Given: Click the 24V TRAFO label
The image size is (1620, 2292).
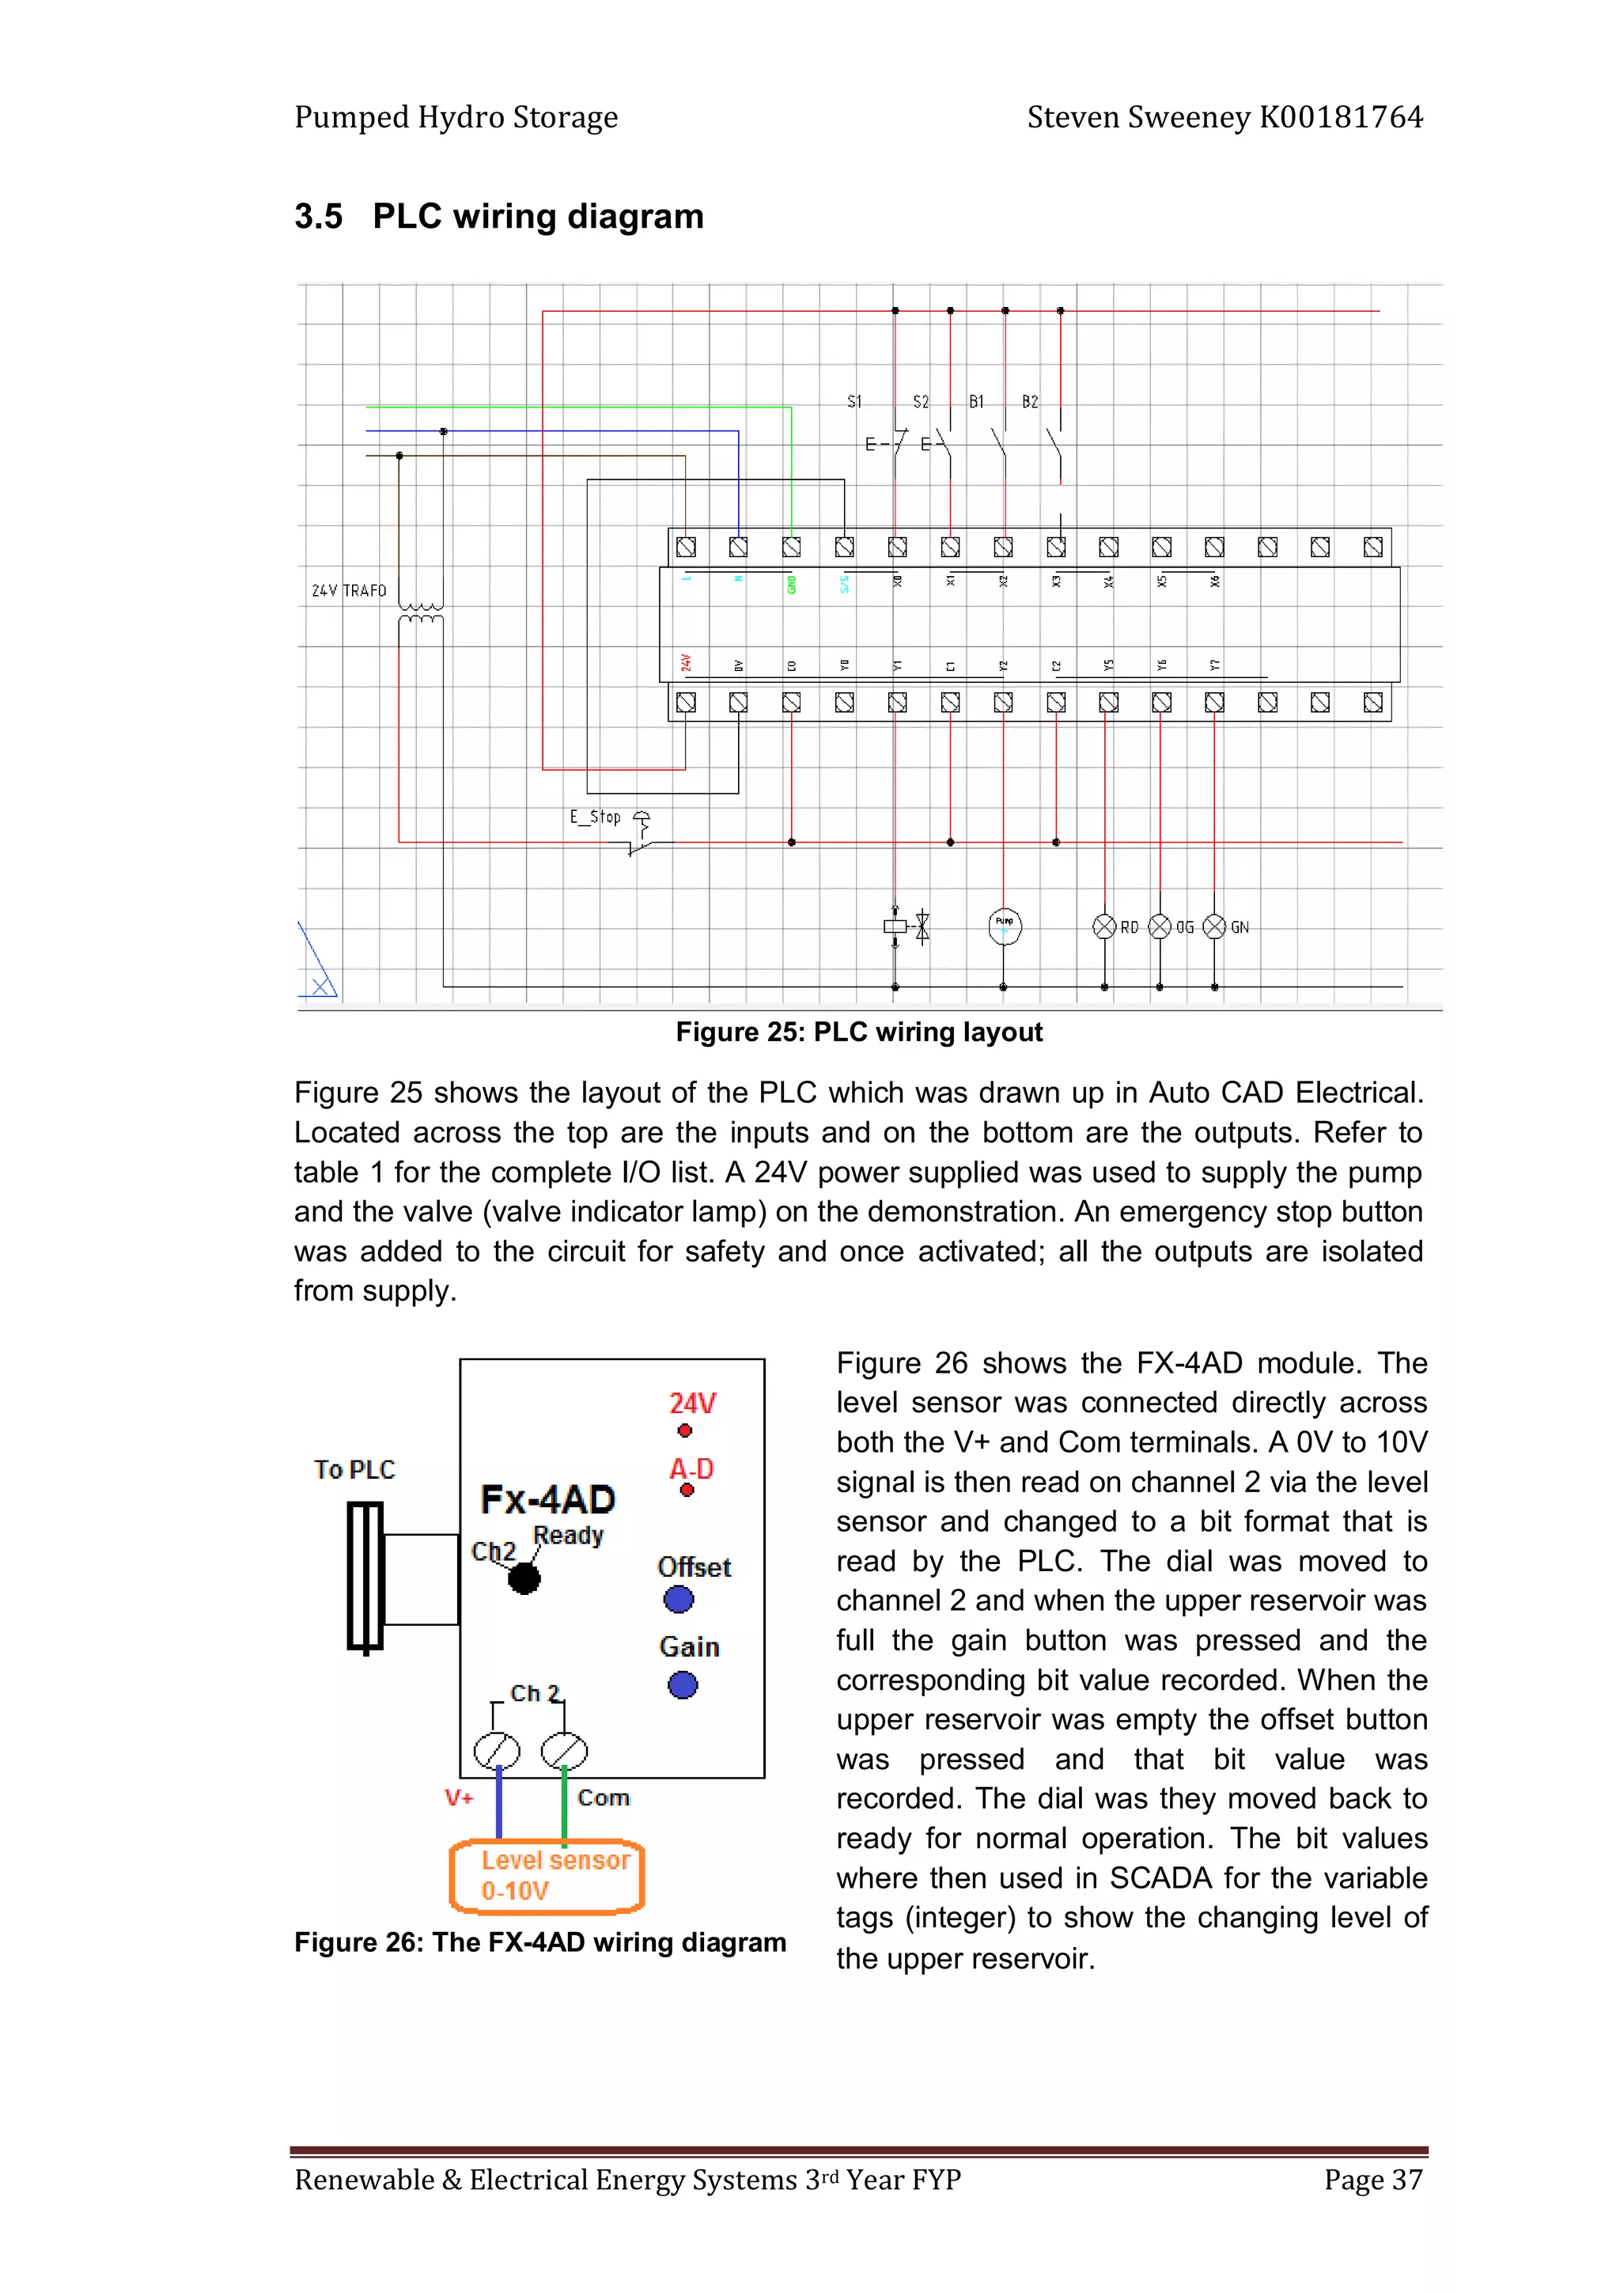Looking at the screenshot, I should tap(348, 590).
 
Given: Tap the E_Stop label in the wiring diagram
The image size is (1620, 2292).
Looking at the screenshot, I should tap(595, 816).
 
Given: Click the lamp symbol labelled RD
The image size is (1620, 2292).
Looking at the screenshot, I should tap(1104, 926).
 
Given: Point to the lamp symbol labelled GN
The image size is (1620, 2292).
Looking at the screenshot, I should tap(1213, 926).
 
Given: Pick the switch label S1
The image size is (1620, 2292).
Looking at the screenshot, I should tap(854, 401).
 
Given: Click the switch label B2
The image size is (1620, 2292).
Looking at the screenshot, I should tap(1030, 401).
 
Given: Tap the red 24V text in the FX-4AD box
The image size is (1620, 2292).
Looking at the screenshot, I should tap(691, 1403).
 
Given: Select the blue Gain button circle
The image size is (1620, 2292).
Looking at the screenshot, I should tap(683, 1685).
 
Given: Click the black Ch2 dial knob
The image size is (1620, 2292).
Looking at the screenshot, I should tap(524, 1578).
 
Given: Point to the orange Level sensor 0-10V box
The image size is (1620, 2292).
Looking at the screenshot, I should tap(547, 1876).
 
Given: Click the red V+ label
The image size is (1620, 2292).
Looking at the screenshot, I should tap(458, 1798).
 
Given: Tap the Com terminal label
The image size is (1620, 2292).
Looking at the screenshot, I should tap(603, 1798).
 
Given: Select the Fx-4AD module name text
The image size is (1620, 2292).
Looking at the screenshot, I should tap(547, 1498).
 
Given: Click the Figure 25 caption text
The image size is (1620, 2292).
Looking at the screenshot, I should tap(858, 1032).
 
